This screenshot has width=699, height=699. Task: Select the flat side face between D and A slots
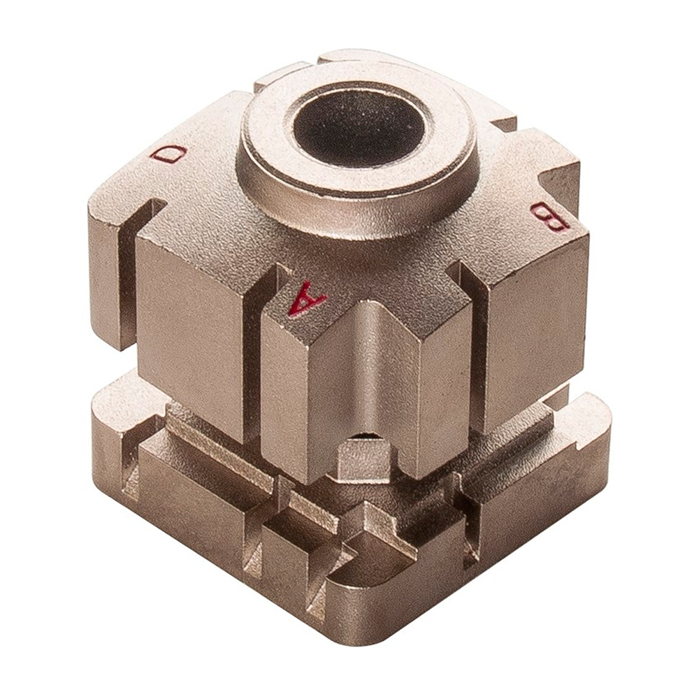(x=192, y=336)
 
